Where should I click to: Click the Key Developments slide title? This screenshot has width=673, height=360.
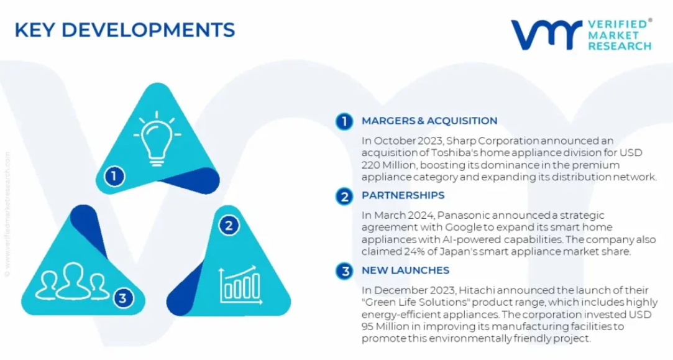[125, 30]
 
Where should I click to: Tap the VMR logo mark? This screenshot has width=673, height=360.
[546, 34]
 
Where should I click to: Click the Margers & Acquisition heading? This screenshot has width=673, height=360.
[429, 121]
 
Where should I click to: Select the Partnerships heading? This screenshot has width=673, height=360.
[403, 195]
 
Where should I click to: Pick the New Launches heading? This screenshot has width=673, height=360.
[406, 270]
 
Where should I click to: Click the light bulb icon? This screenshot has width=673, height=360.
[157, 138]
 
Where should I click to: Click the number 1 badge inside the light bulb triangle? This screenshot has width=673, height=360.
[114, 176]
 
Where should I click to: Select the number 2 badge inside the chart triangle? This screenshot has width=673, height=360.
[229, 226]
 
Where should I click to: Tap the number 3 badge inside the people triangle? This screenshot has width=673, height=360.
[123, 298]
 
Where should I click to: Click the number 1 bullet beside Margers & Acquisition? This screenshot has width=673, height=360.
[344, 122]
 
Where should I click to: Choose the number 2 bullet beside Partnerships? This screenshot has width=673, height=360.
[344, 196]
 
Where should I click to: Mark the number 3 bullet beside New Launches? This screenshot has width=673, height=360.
[344, 271]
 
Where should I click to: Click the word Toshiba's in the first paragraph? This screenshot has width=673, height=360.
[454, 152]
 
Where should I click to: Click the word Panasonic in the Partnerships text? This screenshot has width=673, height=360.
[464, 215]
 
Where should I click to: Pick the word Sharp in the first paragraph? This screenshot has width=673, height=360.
[461, 141]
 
